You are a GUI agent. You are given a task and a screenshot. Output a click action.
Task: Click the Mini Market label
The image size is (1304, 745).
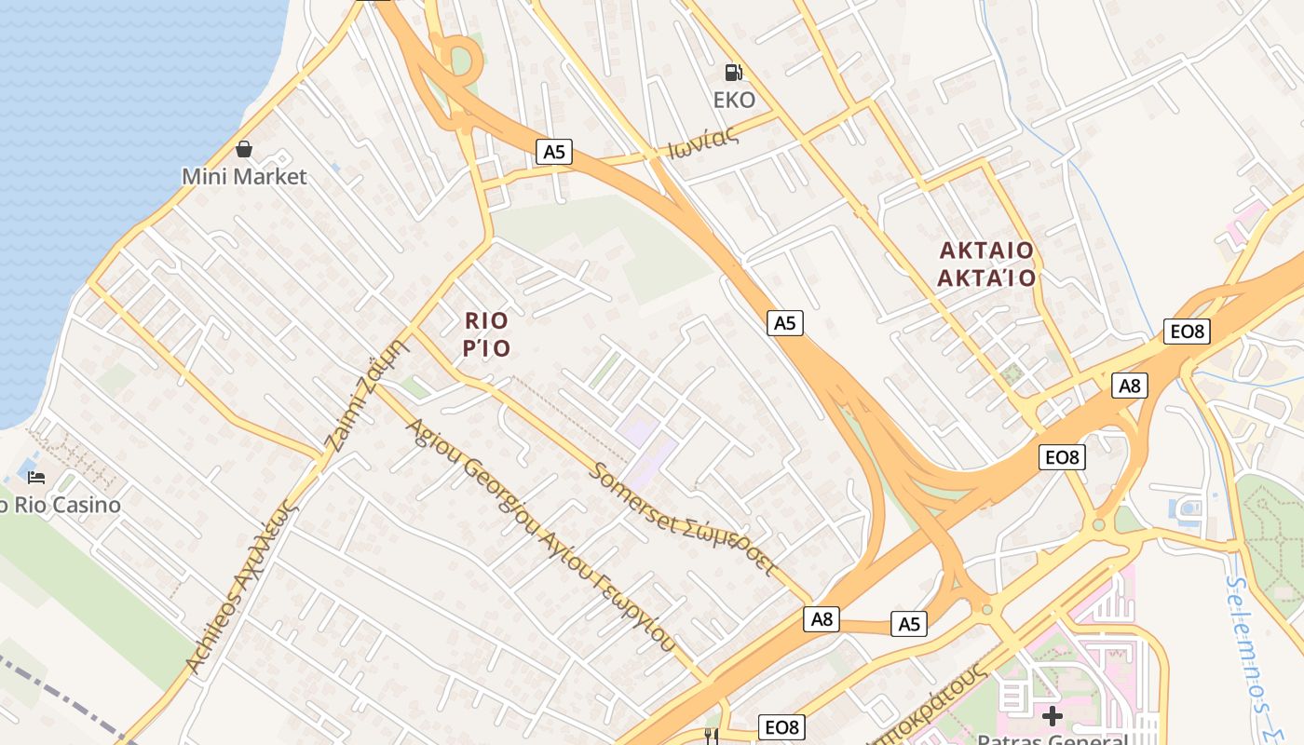click(244, 176)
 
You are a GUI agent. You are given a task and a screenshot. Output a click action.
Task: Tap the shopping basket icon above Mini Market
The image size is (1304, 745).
click(244, 149)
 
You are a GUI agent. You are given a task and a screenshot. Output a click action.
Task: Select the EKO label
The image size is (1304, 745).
click(734, 100)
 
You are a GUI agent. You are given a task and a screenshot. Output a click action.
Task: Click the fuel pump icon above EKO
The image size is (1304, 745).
click(734, 72)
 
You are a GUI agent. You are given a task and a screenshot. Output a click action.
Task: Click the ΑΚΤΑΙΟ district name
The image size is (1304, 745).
click(986, 251)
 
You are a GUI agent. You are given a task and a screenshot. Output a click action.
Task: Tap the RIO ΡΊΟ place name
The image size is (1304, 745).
click(487, 334)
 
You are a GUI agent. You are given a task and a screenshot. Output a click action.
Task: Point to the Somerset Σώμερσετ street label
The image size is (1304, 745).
click(683, 518)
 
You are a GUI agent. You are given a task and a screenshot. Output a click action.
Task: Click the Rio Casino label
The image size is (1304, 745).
click(61, 505)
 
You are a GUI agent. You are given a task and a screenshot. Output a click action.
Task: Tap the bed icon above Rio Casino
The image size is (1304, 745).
click(36, 478)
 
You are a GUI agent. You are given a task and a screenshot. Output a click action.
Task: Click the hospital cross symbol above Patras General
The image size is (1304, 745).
click(1053, 715)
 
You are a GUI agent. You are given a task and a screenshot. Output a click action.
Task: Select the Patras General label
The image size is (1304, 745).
click(1053, 738)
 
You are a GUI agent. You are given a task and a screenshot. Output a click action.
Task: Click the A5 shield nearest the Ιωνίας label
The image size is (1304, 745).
click(554, 152)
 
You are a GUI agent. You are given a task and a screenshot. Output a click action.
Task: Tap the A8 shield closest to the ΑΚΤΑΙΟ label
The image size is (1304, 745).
click(1129, 386)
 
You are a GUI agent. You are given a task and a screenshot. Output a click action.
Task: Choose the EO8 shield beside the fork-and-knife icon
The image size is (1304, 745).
click(782, 727)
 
